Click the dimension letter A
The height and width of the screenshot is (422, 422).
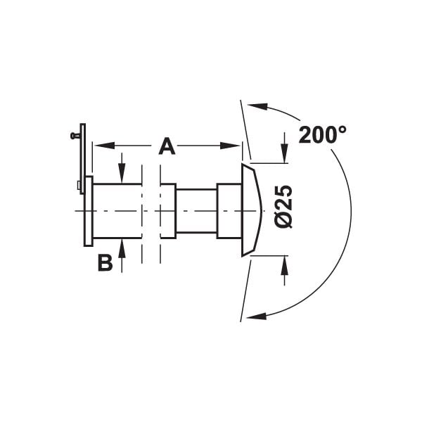coord(167,146)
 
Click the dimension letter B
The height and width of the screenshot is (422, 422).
coord(105,262)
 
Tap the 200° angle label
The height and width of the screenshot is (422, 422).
coord(322,134)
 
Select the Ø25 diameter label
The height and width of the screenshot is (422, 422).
coord(284,206)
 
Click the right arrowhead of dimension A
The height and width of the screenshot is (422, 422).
coord(229,146)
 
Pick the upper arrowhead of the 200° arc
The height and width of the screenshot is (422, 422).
coord(257,105)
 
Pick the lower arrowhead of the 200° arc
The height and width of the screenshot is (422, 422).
coord(257,316)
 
